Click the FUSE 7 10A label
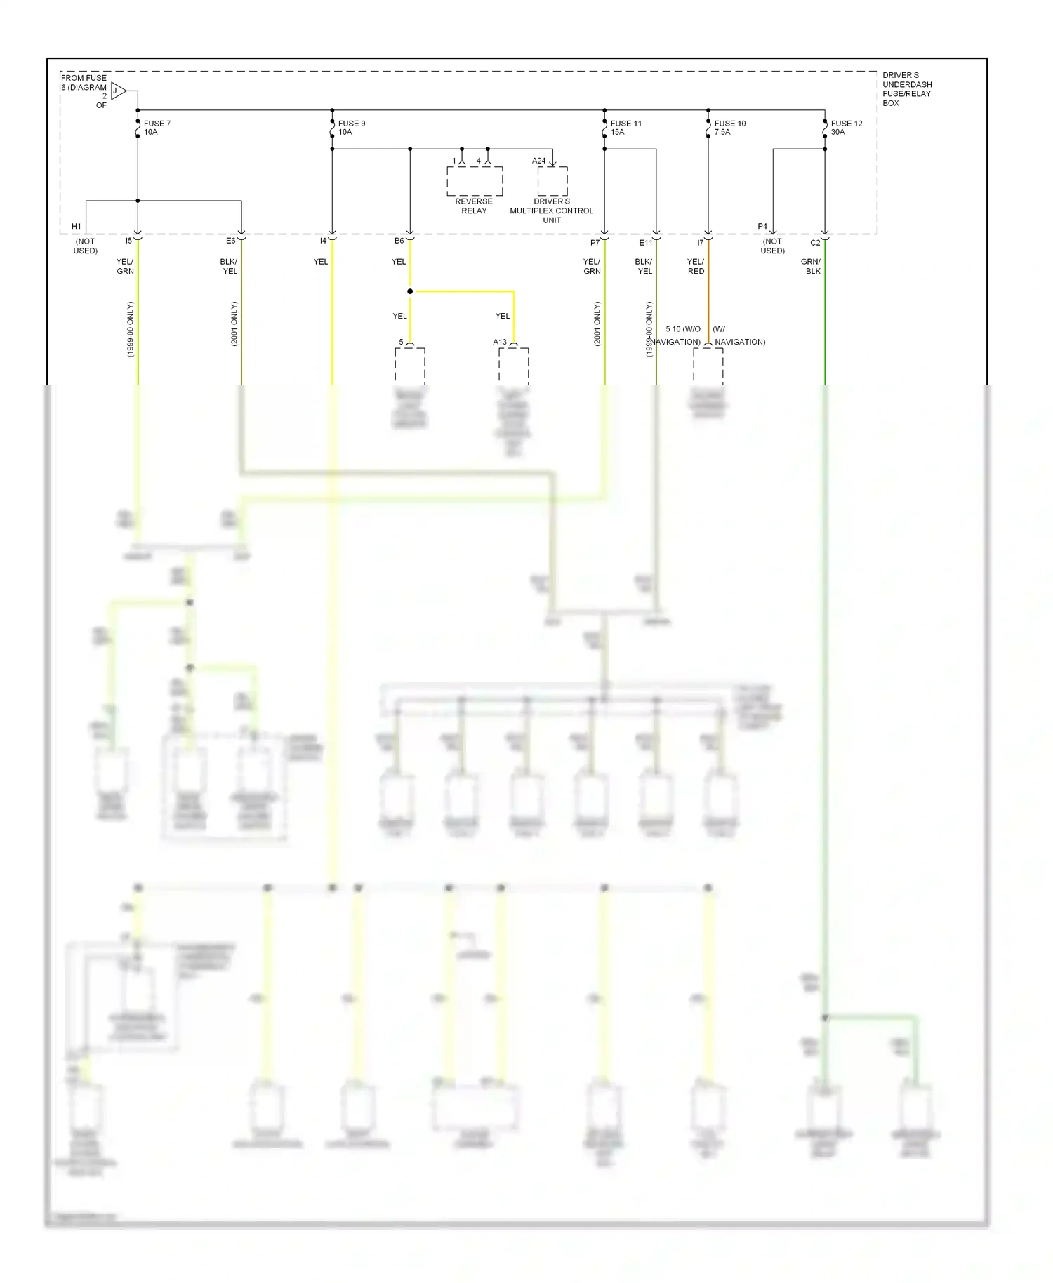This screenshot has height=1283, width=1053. click(157, 128)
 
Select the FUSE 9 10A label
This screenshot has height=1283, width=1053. click(352, 128)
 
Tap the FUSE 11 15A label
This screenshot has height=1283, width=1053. click(625, 128)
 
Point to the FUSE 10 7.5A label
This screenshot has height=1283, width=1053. click(730, 128)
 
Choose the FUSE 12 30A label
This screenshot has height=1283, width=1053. click(847, 128)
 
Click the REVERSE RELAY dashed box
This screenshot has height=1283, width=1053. click(475, 181)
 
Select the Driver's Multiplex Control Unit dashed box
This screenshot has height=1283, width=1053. click(552, 181)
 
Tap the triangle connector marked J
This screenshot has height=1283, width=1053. click(118, 91)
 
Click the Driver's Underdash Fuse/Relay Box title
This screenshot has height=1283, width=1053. click(907, 89)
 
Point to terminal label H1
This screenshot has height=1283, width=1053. click(77, 227)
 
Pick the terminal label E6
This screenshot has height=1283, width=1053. click(230, 241)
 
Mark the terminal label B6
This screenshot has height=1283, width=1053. click(399, 241)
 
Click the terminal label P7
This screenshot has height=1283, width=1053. click(595, 243)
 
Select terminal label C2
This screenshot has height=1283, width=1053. click(815, 243)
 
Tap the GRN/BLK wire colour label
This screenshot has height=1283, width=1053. click(812, 267)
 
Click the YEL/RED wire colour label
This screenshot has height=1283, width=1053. click(696, 267)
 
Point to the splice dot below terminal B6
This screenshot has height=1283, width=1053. click(410, 291)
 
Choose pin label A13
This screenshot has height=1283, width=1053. click(500, 343)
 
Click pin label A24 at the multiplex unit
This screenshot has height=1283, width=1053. click(538, 161)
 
